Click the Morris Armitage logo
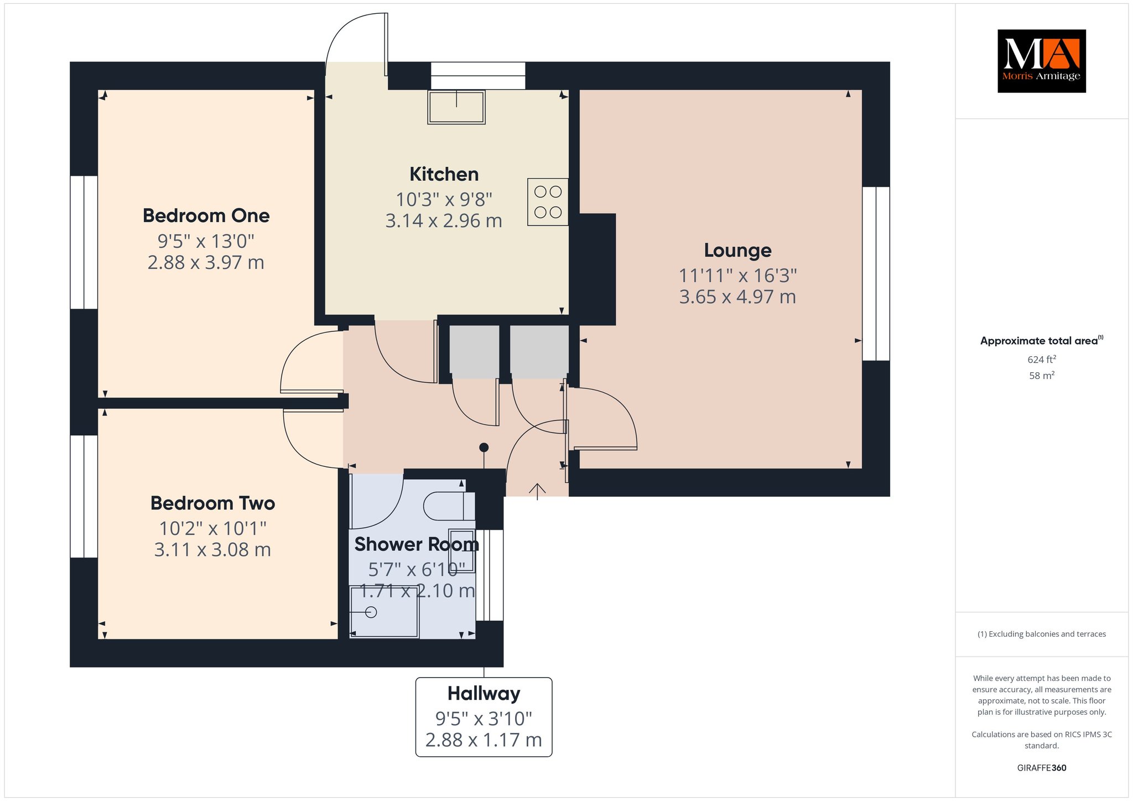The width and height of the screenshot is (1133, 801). point(1041,61)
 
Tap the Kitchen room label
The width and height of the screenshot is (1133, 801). point(444,174)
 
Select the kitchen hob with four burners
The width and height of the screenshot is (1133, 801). point(548,202)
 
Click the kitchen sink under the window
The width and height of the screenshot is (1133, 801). point(456,107)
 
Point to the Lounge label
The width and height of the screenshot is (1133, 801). point(737,251)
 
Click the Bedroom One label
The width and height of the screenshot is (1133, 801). point(206,216)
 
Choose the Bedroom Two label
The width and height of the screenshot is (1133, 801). point(212,503)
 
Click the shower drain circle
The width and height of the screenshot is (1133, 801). point(371,612)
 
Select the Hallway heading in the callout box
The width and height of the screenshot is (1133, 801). point(484,694)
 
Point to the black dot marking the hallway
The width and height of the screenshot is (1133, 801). point(484,447)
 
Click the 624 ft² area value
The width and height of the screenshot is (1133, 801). point(1042,360)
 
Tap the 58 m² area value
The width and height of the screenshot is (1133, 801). point(1042,376)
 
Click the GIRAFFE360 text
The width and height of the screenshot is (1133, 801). point(1042,768)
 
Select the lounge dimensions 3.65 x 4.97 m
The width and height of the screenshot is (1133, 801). point(737,297)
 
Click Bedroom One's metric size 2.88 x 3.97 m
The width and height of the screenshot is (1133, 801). point(206,262)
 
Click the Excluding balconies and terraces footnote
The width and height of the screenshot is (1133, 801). point(1042,634)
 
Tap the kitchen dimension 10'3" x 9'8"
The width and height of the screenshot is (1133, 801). point(444,199)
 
